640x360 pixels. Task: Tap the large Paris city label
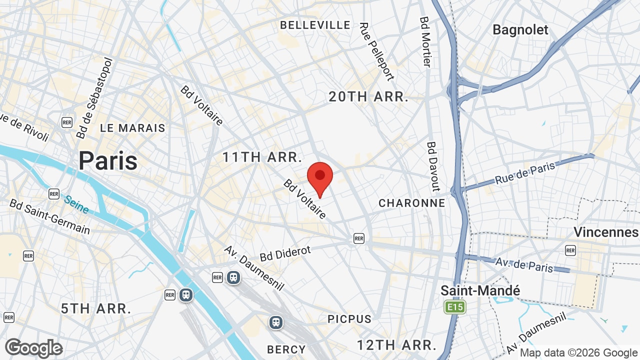(x=108, y=161)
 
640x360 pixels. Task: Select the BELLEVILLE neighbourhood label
(x=315, y=25)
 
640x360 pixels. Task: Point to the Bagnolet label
(x=520, y=30)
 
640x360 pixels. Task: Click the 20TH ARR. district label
(x=368, y=97)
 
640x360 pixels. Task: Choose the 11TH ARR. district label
(x=262, y=157)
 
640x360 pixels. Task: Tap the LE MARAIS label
(x=132, y=128)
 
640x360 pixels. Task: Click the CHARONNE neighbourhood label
(x=411, y=203)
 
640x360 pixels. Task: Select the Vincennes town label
(x=606, y=232)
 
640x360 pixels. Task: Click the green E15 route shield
(x=455, y=306)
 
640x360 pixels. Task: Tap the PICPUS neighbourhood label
(x=349, y=319)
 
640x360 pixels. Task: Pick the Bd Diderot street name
(x=285, y=253)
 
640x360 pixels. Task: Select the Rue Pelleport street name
(x=376, y=51)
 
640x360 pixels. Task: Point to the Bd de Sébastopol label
(x=95, y=98)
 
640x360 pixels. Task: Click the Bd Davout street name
(x=432, y=166)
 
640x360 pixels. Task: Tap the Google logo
(x=34, y=348)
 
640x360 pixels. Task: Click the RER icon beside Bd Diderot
(x=358, y=238)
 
